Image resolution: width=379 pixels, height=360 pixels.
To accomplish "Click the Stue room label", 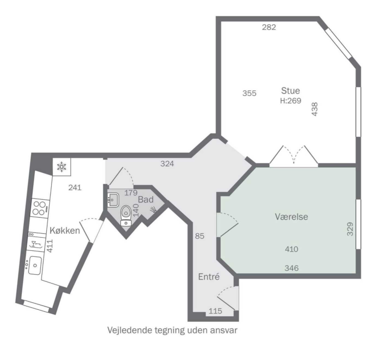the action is [x=290, y=91].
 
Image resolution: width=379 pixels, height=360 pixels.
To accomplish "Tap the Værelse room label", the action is [x=291, y=217].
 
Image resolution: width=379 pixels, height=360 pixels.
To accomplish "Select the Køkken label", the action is [x=64, y=230].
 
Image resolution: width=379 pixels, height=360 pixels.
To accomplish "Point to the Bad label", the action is [x=146, y=199].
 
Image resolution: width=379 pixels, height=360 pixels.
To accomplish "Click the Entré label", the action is [x=209, y=277].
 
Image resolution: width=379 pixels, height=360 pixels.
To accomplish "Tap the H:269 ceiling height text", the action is [x=290, y=100].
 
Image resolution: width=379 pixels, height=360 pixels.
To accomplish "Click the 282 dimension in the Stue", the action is [x=269, y=27].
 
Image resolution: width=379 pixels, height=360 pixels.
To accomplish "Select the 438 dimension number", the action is [x=315, y=109].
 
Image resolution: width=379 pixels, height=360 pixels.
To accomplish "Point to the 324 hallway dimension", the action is [x=167, y=164].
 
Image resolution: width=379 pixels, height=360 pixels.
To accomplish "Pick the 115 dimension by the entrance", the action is [x=215, y=311].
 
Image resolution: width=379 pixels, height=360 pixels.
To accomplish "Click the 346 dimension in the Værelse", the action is [x=291, y=268].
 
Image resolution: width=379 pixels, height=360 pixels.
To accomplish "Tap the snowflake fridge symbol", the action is [x=62, y=167].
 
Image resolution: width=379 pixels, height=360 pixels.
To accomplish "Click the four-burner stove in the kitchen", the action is [x=40, y=208].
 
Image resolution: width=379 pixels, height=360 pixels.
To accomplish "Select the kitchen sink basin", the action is [x=35, y=265].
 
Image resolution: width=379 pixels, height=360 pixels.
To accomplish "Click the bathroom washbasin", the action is [x=113, y=200].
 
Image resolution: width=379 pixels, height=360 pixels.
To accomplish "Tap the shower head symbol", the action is [x=153, y=209].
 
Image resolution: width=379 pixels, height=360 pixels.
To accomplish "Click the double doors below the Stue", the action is [x=294, y=155].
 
